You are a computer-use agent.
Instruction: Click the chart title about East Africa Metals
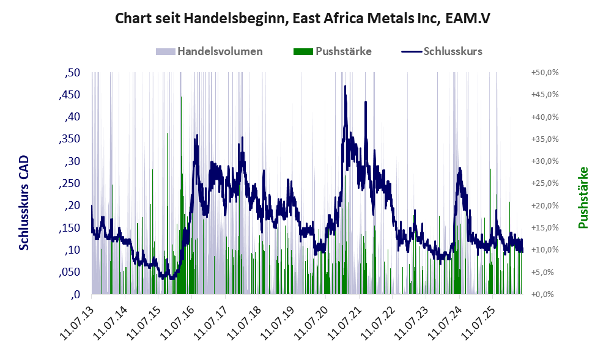303,18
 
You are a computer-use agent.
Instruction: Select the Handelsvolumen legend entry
209,51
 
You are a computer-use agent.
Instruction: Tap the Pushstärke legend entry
333,51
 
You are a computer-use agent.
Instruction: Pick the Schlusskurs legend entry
442,51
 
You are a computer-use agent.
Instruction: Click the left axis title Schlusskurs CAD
24,203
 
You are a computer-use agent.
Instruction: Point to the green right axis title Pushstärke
583,197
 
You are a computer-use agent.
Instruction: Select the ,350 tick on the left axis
70,139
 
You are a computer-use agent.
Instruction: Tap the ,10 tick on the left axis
72,250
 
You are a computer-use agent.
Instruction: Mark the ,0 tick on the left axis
75,295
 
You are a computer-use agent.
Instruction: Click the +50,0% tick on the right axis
545,73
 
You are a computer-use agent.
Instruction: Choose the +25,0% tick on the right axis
545,183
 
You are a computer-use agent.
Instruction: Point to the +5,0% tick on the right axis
547,272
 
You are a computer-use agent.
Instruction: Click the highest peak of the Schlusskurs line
345,86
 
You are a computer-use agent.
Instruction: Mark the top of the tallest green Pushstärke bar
181,97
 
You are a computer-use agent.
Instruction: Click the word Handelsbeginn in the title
237,18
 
